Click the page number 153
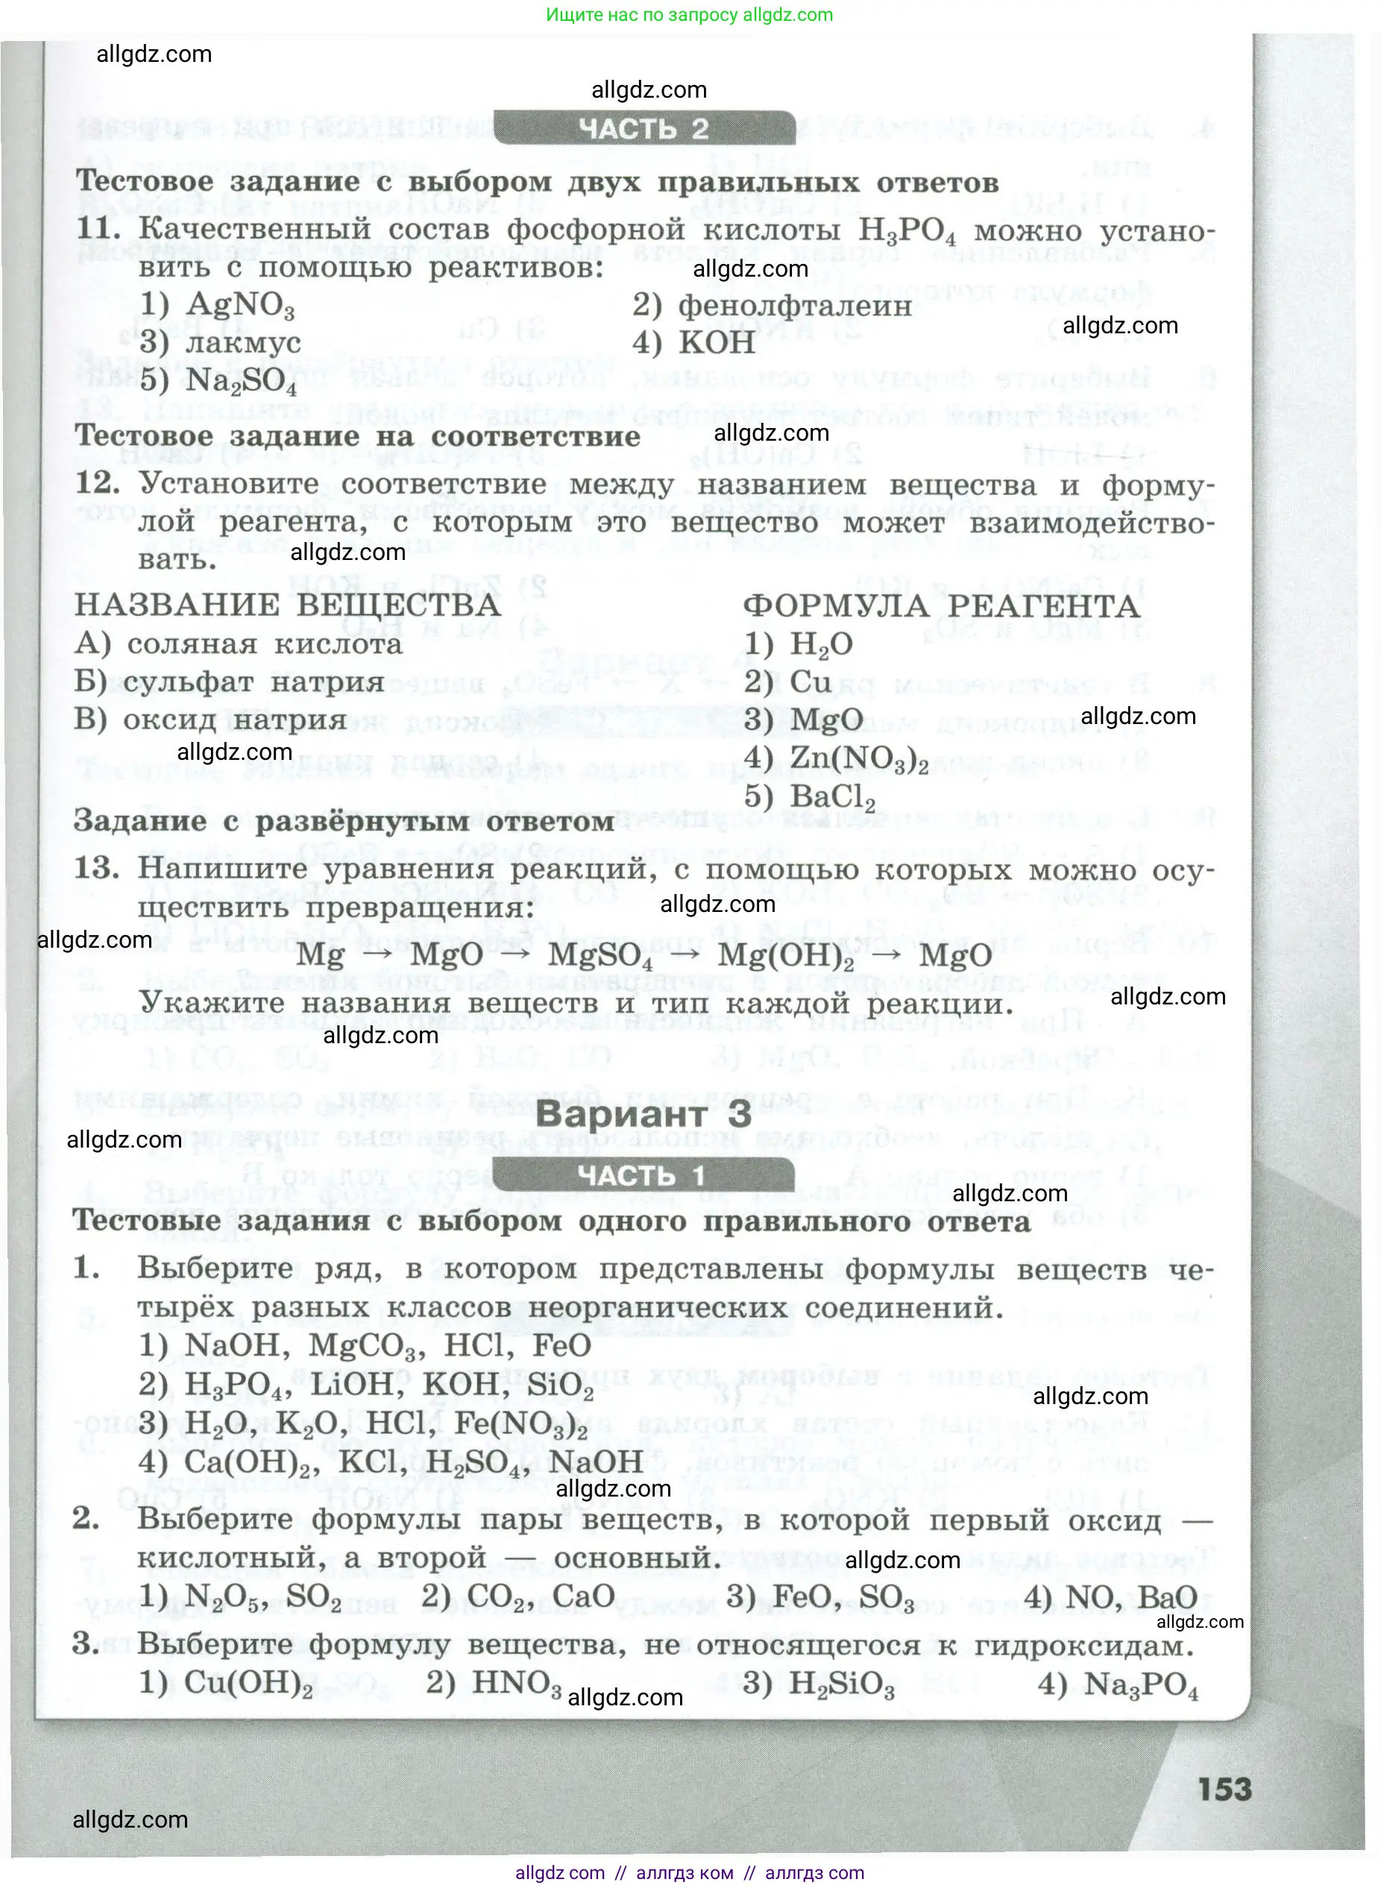pyautogui.click(x=1224, y=1789)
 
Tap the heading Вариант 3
pyautogui.click(x=644, y=1113)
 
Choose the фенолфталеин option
pyautogui.click(x=793, y=306)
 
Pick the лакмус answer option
pyautogui.click(x=242, y=344)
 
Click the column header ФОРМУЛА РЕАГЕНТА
pyautogui.click(x=941, y=606)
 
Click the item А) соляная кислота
pyautogui.click(x=239, y=644)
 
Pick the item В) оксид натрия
pyautogui.click(x=211, y=720)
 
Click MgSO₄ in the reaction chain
pyautogui.click(x=600, y=955)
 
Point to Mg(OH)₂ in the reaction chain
pyautogui.click(x=786, y=955)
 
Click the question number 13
pyautogui.click(x=97, y=868)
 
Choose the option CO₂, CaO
pyautogui.click(x=541, y=1596)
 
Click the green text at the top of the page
pyautogui.click(x=689, y=14)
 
